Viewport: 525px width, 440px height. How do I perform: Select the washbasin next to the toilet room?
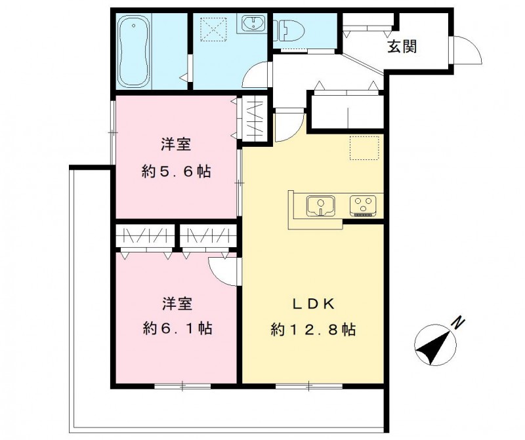[x=252, y=25]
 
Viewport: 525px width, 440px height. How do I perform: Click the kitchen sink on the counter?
[x=322, y=205]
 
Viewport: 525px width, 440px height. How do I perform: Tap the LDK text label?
[x=314, y=304]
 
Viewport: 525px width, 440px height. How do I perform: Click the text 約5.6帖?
[x=177, y=172]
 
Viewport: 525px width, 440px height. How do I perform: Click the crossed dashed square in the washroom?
[x=213, y=29]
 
